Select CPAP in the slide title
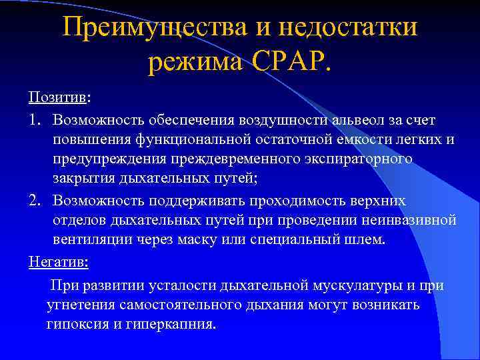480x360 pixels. click(287, 64)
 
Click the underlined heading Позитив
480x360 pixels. click(57, 98)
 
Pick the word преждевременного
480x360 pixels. click(241, 160)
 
